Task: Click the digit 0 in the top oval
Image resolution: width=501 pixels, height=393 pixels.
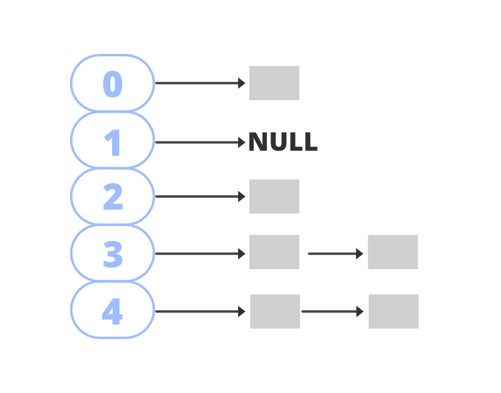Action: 113,84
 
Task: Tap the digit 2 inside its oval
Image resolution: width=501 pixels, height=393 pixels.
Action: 113,196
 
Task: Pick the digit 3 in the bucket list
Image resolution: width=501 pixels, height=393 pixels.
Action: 113,254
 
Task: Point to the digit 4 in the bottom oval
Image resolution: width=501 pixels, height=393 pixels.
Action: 112,311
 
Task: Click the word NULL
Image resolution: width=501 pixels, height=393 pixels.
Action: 283,143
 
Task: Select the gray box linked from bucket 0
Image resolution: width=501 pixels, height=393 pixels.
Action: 274,83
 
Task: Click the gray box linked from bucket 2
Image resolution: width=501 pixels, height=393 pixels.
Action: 274,196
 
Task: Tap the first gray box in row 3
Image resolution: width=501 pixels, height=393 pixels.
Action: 274,252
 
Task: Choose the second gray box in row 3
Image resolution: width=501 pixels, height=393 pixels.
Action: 393,252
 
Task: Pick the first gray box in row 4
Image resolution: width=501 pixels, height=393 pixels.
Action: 275,312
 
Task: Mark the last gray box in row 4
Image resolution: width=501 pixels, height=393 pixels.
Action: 393,312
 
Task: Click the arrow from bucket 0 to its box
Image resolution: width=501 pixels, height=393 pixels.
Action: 199,83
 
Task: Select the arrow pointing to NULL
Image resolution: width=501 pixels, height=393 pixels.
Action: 199,143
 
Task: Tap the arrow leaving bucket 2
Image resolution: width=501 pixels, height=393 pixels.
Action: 199,196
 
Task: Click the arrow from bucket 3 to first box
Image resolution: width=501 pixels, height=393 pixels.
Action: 199,253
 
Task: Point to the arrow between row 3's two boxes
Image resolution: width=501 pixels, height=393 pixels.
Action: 334,253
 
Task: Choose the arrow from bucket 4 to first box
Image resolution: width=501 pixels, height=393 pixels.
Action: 199,311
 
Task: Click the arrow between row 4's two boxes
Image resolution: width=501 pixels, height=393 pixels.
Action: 331,311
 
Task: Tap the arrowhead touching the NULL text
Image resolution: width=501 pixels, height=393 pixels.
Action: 242,143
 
